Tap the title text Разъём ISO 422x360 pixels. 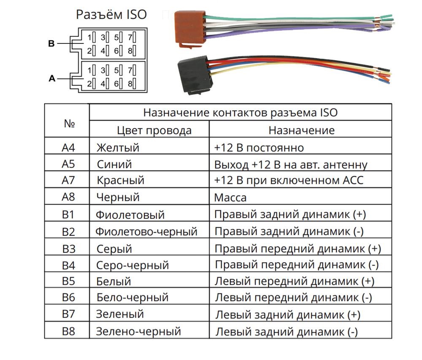111,15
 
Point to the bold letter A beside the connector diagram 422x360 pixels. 52,78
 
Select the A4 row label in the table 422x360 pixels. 68,148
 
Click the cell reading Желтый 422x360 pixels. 118,148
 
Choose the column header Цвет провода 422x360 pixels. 154,130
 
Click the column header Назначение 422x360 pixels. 301,130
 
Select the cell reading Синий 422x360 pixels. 114,164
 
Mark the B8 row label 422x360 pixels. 68,331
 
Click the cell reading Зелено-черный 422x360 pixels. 138,331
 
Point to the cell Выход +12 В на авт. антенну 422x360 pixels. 290,164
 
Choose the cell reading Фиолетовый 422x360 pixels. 130,215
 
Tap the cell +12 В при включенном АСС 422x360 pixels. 289,180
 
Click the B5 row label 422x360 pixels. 68,281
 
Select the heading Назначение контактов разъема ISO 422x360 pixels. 240,113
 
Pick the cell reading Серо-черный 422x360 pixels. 133,265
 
